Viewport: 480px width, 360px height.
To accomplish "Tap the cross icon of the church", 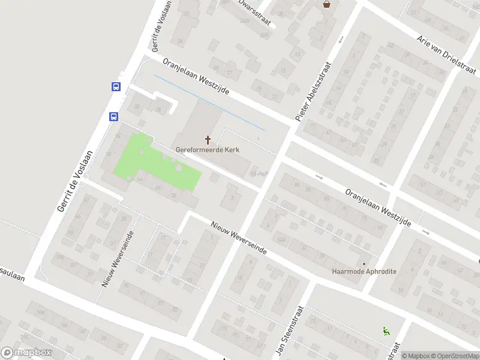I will tap(208, 140).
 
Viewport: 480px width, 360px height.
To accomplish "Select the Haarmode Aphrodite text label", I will tap(364, 271).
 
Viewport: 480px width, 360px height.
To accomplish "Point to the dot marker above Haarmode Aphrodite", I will tap(364, 263).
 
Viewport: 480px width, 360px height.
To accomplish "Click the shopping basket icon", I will tap(326, 4).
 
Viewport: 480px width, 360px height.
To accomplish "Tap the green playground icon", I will tap(385, 330).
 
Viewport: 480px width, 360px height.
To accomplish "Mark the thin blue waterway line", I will tap(210, 103).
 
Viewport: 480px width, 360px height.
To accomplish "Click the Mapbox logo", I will tap(26, 353).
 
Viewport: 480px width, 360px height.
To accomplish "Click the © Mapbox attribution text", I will tap(416, 356).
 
